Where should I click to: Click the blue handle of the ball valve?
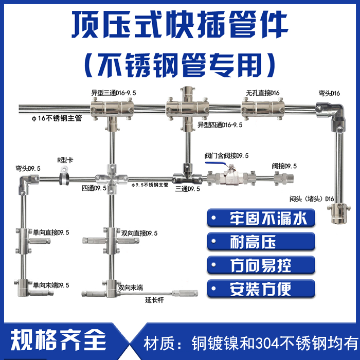(x=216, y=164)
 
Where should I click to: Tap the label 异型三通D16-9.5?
(x=114, y=93)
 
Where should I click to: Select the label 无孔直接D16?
(x=263, y=93)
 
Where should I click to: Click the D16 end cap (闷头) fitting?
(x=339, y=213)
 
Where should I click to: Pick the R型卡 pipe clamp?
(x=64, y=176)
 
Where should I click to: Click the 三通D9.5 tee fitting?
(x=187, y=175)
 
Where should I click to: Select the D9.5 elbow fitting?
(x=27, y=184)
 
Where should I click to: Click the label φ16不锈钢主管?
(x=57, y=118)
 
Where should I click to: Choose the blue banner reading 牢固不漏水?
(x=261, y=218)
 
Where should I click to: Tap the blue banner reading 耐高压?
(x=261, y=241)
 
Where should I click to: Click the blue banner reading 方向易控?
(x=261, y=265)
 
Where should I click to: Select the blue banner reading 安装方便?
(x=261, y=289)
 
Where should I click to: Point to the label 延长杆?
(x=154, y=300)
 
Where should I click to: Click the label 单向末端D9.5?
(x=51, y=285)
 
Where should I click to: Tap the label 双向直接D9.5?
(x=139, y=233)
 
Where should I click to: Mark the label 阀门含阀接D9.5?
(x=227, y=156)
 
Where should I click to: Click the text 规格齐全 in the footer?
(x=58, y=340)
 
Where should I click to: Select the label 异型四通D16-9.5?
(x=220, y=125)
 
